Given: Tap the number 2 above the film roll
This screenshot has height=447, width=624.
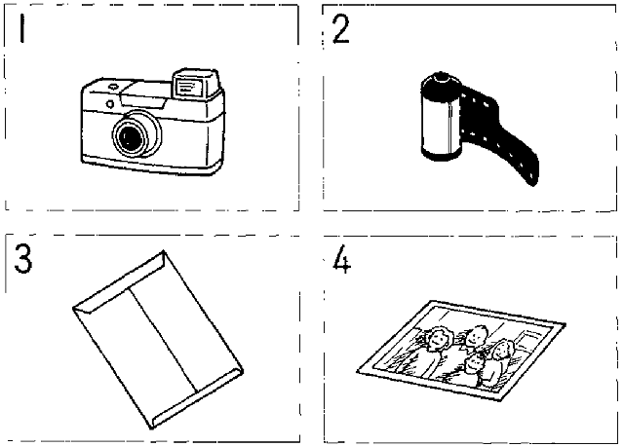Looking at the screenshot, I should [340, 31].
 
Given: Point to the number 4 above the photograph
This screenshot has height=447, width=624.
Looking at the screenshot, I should [340, 264].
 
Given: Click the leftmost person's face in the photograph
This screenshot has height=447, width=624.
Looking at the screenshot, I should [438, 342].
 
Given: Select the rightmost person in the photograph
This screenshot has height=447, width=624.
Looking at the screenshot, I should [502, 357].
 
